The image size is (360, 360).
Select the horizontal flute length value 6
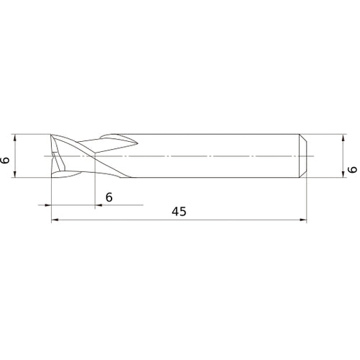coord(109,197)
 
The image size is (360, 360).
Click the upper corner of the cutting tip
coord(53,136)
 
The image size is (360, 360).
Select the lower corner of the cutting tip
coord(53,176)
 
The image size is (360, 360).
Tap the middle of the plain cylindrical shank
coord(216,156)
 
